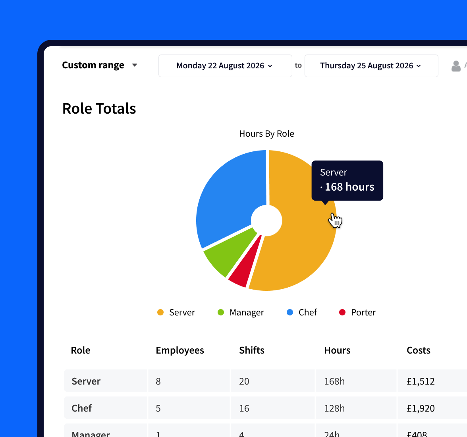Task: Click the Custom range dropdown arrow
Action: pos(135,65)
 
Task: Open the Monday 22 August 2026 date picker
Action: pos(225,66)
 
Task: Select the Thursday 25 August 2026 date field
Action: pos(371,66)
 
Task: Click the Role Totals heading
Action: pos(99,109)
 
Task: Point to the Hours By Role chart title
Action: pos(266,134)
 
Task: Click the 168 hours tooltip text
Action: pos(349,187)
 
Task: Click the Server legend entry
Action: pos(176,313)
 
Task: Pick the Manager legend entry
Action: pos(241,313)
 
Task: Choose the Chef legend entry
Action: pos(302,313)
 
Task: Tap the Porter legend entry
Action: pos(357,313)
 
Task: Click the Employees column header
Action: pos(180,350)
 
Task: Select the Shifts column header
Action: pos(252,350)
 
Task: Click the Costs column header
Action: pos(419,350)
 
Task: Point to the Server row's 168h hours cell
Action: pos(334,381)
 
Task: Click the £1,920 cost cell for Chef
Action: pos(421,408)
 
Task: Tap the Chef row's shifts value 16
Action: pos(244,408)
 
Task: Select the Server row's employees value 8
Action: pos(158,381)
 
